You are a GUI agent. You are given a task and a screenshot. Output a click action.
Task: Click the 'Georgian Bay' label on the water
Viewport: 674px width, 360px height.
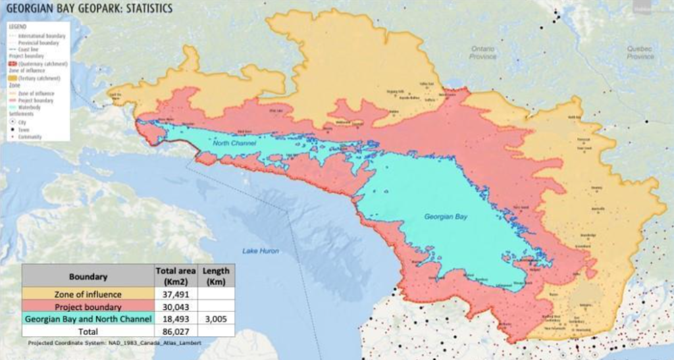[446, 216]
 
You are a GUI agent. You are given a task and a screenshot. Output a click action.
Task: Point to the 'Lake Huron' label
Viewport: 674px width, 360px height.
[260, 251]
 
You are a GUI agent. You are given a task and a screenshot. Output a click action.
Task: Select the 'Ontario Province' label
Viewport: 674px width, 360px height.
[482, 53]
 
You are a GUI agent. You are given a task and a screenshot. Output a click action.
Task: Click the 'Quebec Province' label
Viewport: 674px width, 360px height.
[640, 53]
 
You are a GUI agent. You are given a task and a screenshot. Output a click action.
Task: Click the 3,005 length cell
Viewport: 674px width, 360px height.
[215, 319]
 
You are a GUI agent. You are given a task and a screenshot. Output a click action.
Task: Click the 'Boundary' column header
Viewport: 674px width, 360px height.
[88, 277]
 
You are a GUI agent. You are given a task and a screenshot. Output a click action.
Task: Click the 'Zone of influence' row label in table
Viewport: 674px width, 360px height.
[88, 295]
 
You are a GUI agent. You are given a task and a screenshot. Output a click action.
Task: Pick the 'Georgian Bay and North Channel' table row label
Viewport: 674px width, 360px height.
[88, 319]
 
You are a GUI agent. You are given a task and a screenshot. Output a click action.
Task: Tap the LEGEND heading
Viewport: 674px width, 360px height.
[16, 28]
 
